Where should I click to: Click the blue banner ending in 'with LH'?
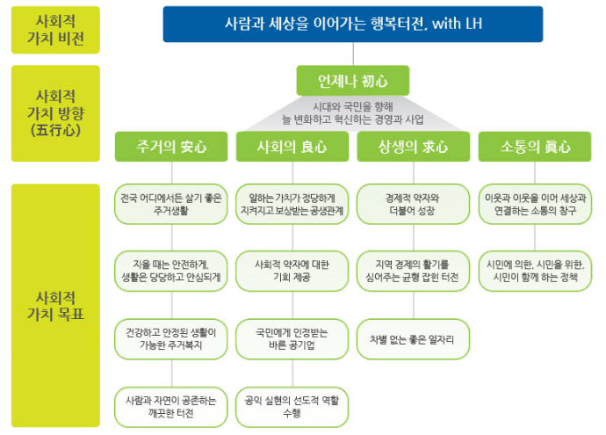click(351, 24)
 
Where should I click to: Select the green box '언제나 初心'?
click(350, 82)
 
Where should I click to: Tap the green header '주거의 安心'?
click(171, 147)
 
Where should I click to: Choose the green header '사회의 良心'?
click(292, 147)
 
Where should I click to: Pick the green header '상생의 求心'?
click(412, 147)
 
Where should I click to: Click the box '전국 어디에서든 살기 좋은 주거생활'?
click(171, 204)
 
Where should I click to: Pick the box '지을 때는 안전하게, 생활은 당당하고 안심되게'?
click(171, 269)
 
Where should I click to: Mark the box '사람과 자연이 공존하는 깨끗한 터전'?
click(171, 404)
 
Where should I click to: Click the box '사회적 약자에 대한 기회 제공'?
click(292, 269)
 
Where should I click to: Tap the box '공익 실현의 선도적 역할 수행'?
click(292, 404)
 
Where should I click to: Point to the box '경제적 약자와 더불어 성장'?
click(412, 204)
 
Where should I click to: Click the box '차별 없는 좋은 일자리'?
click(412, 338)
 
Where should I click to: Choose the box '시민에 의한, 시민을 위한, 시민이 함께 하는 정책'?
click(533, 269)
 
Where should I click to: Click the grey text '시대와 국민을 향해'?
click(350, 106)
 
